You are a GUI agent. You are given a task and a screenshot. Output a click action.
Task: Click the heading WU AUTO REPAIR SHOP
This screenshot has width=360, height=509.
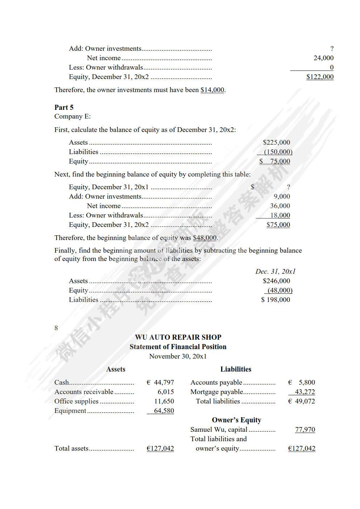pyautogui.click(x=178, y=337)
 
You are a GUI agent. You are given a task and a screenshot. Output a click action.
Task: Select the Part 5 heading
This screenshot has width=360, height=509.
pyautogui.click(x=64, y=107)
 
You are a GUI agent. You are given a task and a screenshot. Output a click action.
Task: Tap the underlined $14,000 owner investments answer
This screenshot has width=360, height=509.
pyautogui.click(x=212, y=90)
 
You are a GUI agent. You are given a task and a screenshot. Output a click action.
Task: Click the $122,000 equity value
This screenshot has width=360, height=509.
pyautogui.click(x=320, y=77)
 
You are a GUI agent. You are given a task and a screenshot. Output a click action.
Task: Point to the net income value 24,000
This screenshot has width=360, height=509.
pyautogui.click(x=323, y=58)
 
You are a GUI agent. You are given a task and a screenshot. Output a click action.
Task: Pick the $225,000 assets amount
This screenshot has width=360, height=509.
pyautogui.click(x=276, y=142)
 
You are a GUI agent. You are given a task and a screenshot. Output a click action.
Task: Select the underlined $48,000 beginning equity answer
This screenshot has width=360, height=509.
pyautogui.click(x=204, y=238)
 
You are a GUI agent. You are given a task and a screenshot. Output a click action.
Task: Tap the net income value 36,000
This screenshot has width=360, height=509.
pyautogui.click(x=280, y=206)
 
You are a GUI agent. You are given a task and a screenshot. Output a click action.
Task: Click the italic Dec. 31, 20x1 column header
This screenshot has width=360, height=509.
pyautogui.click(x=276, y=272)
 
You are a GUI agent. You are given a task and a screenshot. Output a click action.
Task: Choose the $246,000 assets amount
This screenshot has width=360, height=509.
pyautogui.click(x=276, y=281)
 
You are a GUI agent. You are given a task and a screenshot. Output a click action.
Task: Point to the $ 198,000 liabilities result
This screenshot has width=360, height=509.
pyautogui.click(x=276, y=300)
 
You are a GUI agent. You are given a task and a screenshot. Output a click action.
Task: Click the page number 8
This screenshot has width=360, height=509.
pyautogui.click(x=56, y=328)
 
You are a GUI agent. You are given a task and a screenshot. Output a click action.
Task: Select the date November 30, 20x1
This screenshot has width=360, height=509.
pyautogui.click(x=178, y=356)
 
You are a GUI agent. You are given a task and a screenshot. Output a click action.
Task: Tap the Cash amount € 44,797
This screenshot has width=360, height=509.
pyautogui.click(x=160, y=382)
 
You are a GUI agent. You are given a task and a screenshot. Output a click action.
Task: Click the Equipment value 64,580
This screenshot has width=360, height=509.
pyautogui.click(x=164, y=411)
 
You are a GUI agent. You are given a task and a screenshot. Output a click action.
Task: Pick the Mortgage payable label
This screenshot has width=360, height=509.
pyautogui.click(x=216, y=392)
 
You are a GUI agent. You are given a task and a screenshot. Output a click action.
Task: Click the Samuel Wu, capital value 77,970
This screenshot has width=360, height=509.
pyautogui.click(x=305, y=430)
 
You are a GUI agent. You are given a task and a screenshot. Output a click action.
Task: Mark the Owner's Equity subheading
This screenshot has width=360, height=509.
pyautogui.click(x=236, y=420)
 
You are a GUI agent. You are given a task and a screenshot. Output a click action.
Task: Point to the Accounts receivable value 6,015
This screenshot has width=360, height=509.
pyautogui.click(x=166, y=392)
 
